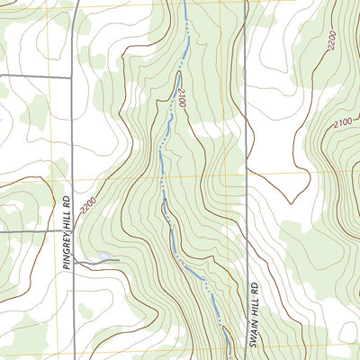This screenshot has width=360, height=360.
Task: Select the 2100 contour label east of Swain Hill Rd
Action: pos(344,122)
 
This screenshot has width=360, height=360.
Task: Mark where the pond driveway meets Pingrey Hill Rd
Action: pos(75,261)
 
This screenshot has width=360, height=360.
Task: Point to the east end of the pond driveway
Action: pos(118,262)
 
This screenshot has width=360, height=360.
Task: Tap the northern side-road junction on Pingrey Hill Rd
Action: pos(72,77)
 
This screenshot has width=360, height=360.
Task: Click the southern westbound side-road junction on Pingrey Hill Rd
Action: pos(71,231)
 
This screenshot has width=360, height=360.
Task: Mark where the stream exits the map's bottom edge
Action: pos(227,357)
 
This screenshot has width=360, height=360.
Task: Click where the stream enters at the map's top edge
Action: pos(184,2)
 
